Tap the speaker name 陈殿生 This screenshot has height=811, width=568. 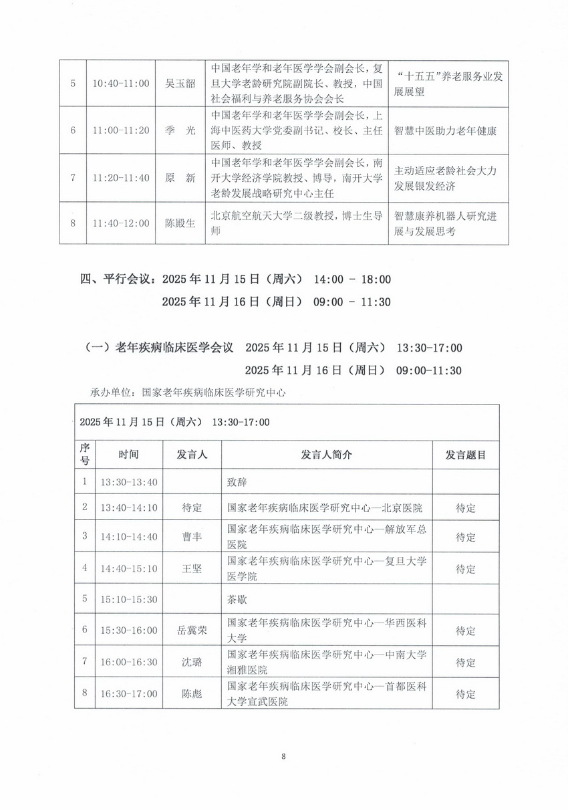[180, 223]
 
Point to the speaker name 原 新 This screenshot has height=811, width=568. [180, 178]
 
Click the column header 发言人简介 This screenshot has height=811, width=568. [326, 455]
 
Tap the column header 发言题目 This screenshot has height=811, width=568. [465, 455]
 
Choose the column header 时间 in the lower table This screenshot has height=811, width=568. [129, 455]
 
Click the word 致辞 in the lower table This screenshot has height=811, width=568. [237, 481]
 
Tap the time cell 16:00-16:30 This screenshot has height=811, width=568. [128, 662]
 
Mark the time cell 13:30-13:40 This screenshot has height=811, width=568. [128, 481]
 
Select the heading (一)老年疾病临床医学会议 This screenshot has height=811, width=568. [159, 348]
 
